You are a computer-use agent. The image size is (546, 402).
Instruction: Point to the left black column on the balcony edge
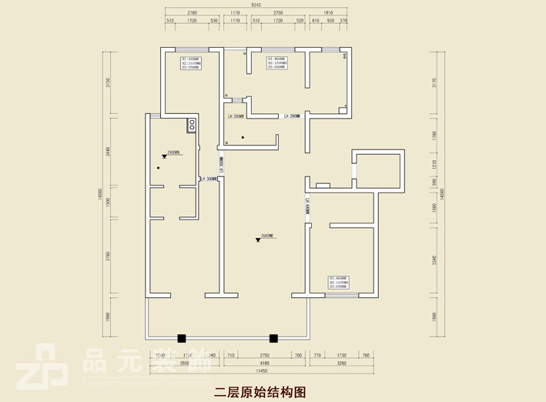coord(181,337)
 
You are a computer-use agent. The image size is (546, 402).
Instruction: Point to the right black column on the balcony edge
coord(273,337)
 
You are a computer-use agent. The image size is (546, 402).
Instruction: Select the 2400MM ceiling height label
coord(173,152)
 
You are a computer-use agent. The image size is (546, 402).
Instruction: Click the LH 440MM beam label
coord(306,206)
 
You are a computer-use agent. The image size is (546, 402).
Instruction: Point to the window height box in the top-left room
coord(190,63)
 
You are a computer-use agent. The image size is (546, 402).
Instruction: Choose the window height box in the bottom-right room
coord(339,283)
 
